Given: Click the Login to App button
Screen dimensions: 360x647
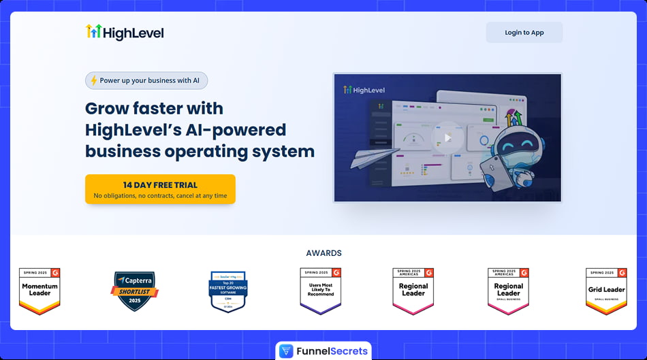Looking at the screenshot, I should (x=524, y=33).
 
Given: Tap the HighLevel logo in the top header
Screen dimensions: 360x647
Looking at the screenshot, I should (x=125, y=32).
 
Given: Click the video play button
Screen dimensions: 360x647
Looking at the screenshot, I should (x=447, y=137).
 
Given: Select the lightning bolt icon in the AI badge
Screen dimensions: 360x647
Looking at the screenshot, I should (x=94, y=80).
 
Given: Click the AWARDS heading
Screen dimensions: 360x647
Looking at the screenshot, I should (x=323, y=253).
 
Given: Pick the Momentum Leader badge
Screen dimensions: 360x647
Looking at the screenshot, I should (x=40, y=291).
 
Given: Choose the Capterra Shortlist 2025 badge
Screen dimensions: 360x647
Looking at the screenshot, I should (x=134, y=291).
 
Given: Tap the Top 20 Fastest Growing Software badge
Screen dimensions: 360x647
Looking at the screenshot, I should (x=227, y=291).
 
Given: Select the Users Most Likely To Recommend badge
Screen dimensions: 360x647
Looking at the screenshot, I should (x=320, y=291).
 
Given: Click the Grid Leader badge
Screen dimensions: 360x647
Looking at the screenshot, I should (x=606, y=291).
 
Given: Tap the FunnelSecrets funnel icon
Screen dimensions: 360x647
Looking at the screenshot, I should (x=286, y=352).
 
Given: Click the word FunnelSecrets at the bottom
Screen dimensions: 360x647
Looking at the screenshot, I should (x=332, y=352).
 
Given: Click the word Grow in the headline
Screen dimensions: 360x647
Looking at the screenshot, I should (x=109, y=108).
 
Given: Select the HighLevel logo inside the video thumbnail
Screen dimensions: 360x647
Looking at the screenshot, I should (x=364, y=90).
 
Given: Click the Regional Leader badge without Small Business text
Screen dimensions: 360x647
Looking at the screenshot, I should (x=413, y=291).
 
